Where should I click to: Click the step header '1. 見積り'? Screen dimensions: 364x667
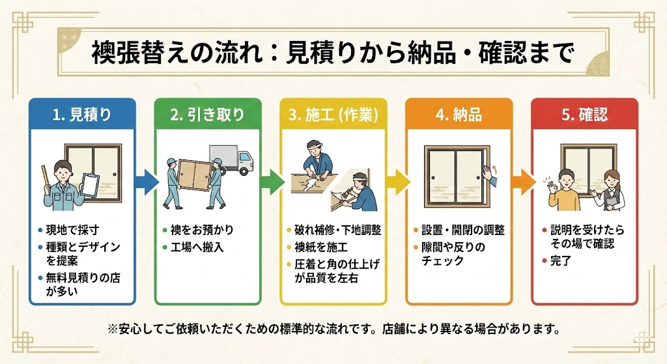pos(82,115)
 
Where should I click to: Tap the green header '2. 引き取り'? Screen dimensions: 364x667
pos(208,115)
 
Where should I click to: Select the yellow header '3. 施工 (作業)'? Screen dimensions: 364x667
pos(333,115)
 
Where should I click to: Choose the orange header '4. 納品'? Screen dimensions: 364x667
pos(459,115)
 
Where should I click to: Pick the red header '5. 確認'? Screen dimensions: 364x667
pos(584,115)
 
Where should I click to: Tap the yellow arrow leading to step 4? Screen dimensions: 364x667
pos(395,180)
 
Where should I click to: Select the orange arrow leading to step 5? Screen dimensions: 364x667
pos(521,180)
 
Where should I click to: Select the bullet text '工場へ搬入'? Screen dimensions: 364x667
pos(198,247)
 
